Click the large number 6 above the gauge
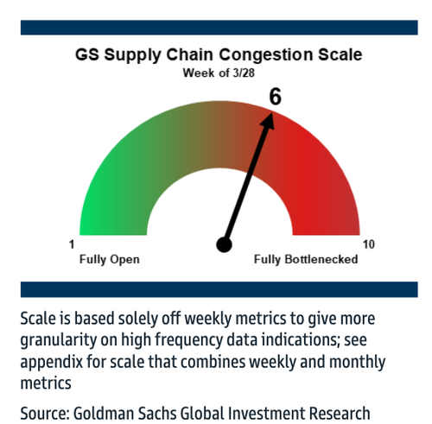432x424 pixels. (275, 97)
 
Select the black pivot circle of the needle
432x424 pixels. (224, 244)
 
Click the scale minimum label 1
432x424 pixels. (72, 244)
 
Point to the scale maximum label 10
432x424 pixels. (369, 244)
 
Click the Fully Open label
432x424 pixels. (110, 259)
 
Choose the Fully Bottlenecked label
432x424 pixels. (306, 259)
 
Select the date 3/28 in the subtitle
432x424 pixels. (244, 73)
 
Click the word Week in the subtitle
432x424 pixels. (200, 73)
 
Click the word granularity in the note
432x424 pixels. (58, 340)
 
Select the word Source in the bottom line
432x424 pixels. (45, 414)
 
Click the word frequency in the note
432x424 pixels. (189, 340)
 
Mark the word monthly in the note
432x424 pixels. (357, 362)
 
